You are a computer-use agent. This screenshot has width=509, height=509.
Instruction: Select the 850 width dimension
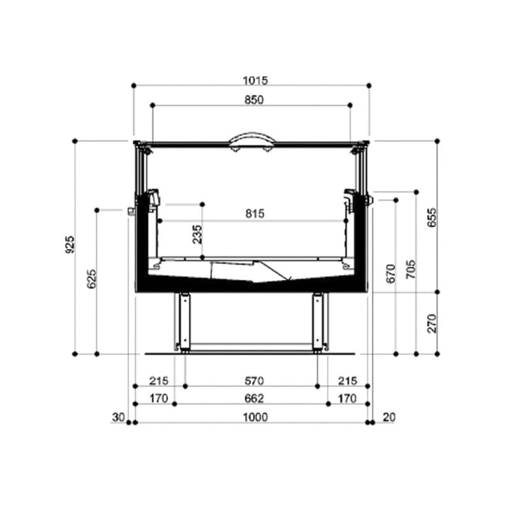(253, 99)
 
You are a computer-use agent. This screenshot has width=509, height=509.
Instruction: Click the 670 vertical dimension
(391, 272)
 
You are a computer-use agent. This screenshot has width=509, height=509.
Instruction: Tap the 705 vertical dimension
(410, 268)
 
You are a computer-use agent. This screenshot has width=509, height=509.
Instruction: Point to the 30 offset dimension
(118, 417)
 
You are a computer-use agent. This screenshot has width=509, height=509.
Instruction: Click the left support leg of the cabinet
(185, 321)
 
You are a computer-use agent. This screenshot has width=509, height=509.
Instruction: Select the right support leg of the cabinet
(317, 321)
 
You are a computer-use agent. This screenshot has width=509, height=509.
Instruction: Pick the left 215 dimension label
(158, 381)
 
